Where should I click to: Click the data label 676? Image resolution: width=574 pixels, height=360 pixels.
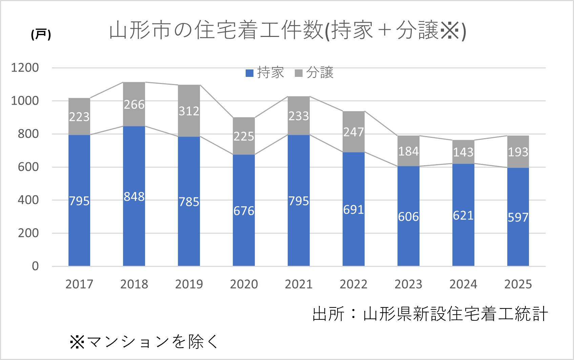(x=244, y=211)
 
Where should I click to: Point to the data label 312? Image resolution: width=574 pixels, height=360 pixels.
(x=189, y=111)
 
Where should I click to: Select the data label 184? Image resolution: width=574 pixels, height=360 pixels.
(x=408, y=151)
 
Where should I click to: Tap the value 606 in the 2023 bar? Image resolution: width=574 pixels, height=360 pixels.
(x=408, y=217)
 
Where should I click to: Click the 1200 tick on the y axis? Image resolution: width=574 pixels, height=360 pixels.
(x=25, y=68)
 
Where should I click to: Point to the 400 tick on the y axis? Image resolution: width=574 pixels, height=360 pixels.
(x=28, y=200)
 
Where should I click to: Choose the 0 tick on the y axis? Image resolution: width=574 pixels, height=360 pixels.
(x=35, y=266)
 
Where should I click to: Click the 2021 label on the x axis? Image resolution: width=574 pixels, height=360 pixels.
(x=299, y=284)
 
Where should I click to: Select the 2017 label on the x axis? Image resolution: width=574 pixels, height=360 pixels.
(x=79, y=284)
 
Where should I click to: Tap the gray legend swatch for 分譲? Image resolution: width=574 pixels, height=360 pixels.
(x=299, y=73)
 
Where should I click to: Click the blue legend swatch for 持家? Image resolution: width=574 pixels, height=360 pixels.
(x=249, y=73)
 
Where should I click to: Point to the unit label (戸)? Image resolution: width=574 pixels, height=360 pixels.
(x=41, y=34)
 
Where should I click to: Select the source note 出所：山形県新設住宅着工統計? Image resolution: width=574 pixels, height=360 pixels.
(x=430, y=314)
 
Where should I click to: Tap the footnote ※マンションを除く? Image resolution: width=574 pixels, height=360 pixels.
(x=144, y=342)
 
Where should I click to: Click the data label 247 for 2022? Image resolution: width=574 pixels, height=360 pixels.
(x=353, y=132)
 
